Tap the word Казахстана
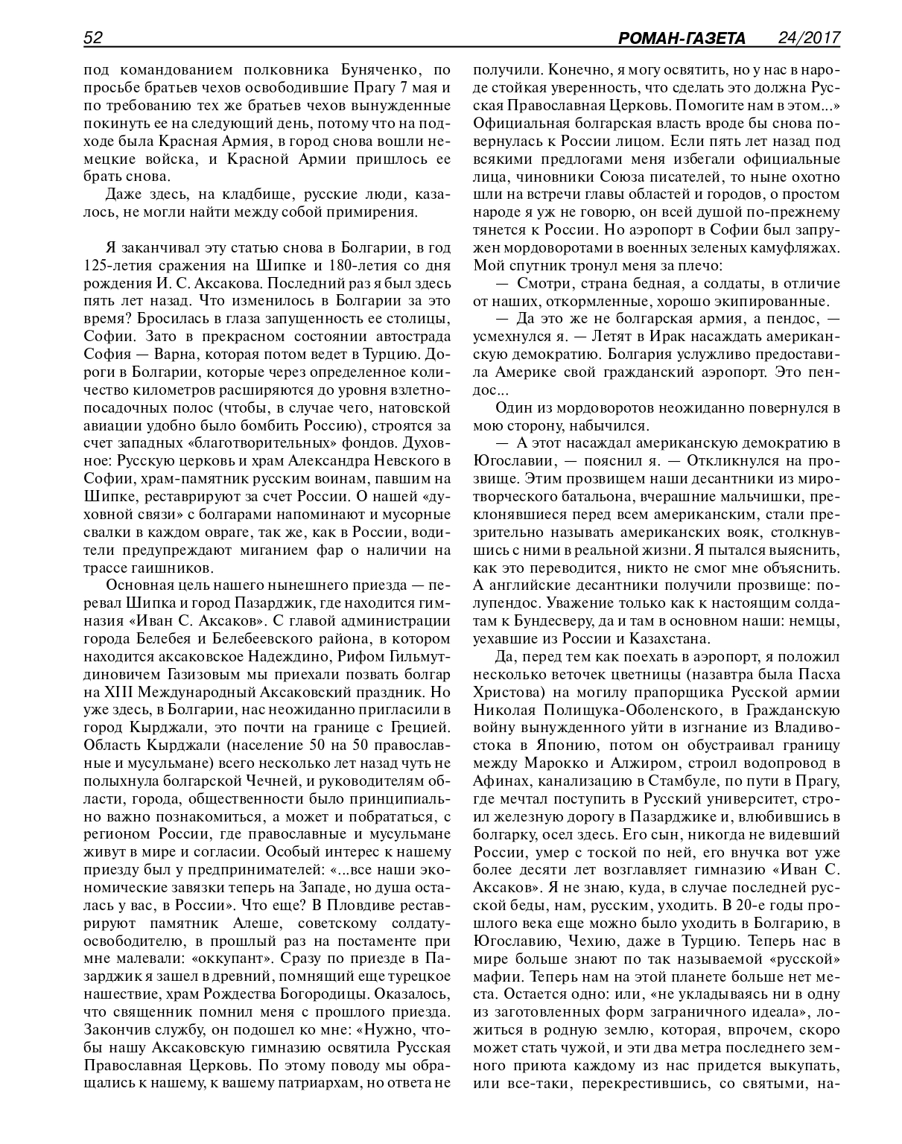665,638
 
